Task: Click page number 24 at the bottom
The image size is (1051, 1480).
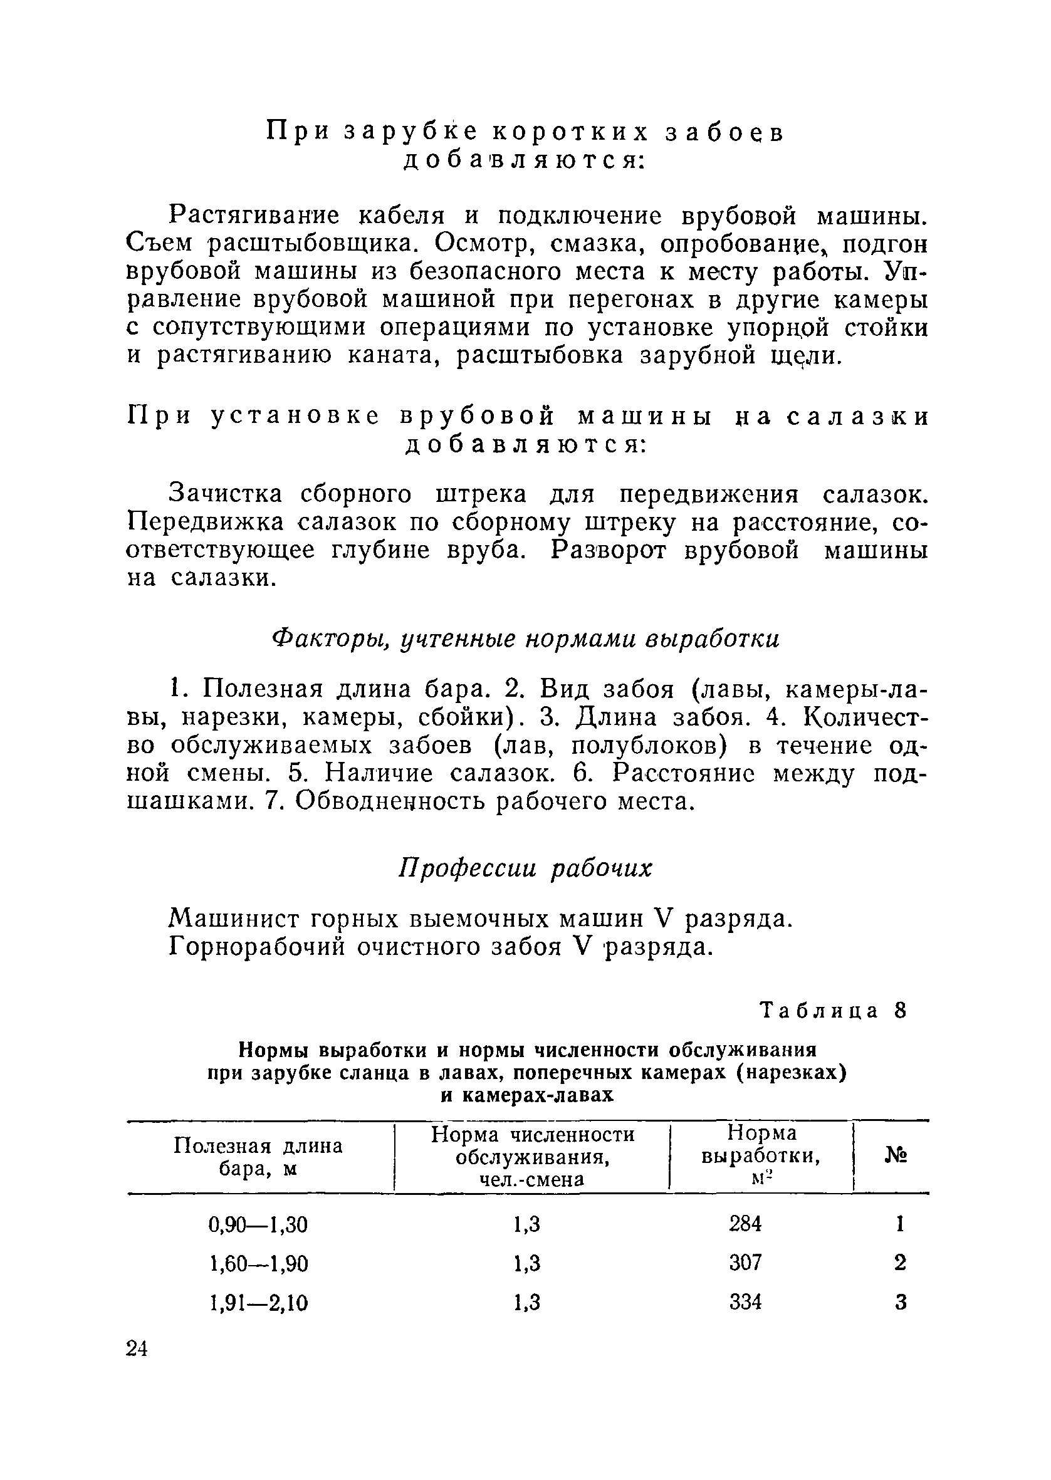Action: pyautogui.click(x=138, y=1348)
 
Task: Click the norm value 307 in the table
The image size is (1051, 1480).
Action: pyautogui.click(x=746, y=1262)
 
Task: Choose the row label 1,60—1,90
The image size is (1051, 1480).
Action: pyautogui.click(x=259, y=1263)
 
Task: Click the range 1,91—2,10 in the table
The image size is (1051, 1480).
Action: pyautogui.click(x=259, y=1302)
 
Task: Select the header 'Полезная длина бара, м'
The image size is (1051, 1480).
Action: pyautogui.click(x=258, y=1157)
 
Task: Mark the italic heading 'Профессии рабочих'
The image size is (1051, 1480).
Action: pyautogui.click(x=525, y=868)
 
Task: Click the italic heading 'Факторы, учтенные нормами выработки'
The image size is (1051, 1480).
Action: pyautogui.click(x=525, y=639)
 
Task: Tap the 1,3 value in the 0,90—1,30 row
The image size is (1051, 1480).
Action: pyautogui.click(x=527, y=1224)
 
